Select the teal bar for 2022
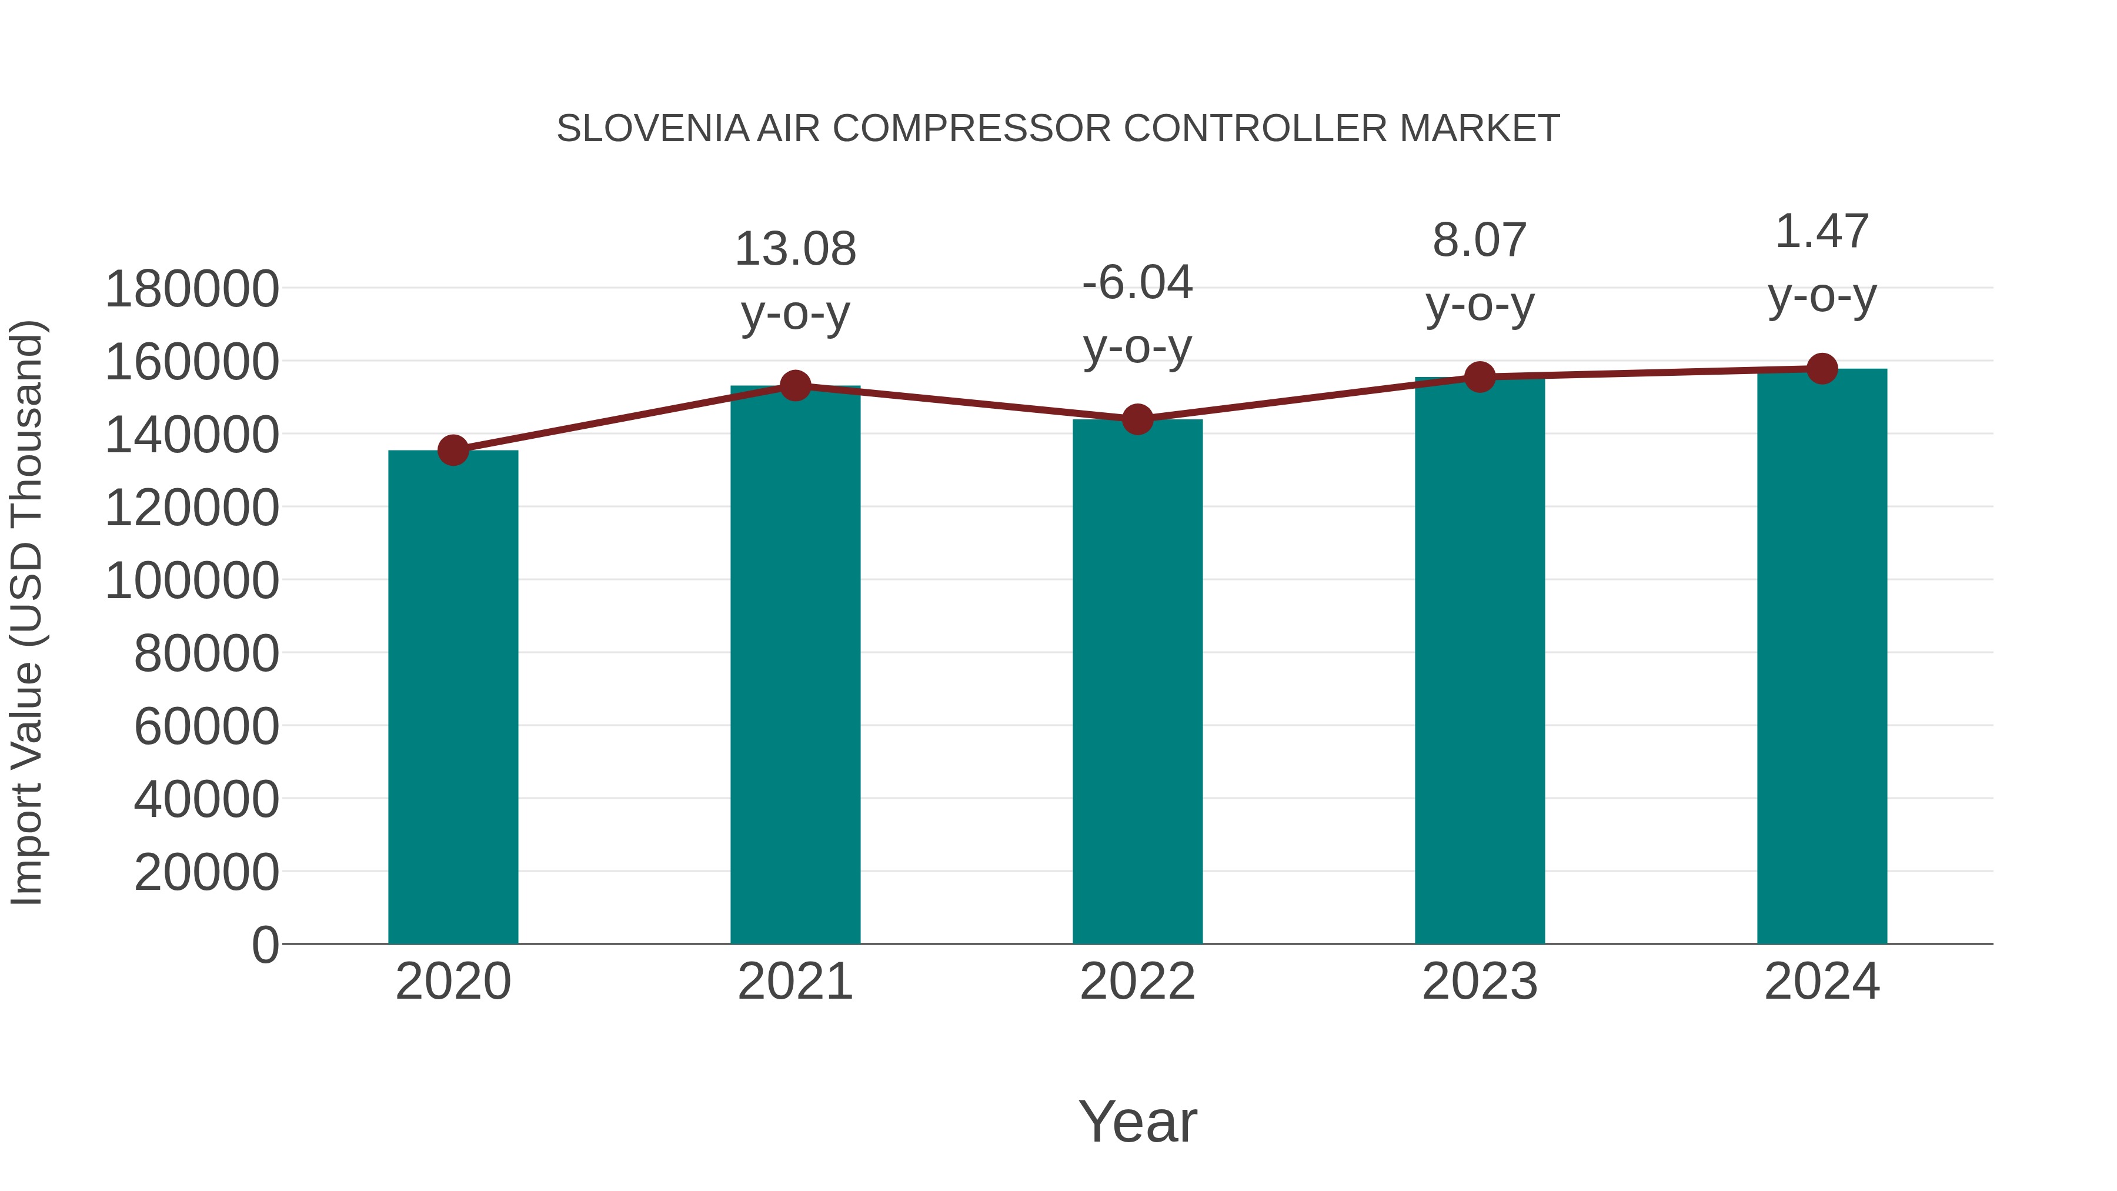click(1137, 682)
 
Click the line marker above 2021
click(794, 385)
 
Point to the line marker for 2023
click(1480, 376)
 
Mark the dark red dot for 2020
click(453, 451)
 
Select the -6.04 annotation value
click(1137, 283)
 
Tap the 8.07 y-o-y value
click(1480, 240)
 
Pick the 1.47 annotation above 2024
click(1822, 231)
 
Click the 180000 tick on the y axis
click(192, 289)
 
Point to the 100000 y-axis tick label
click(192, 581)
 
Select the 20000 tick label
click(206, 872)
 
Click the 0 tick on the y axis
click(265, 945)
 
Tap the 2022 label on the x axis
click(1137, 982)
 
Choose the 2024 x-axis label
click(1822, 982)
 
